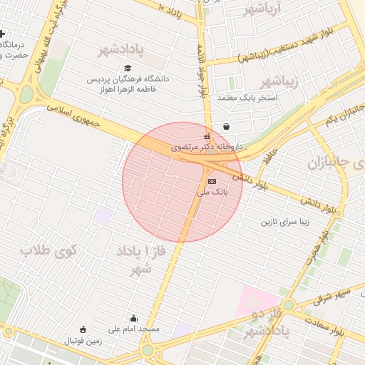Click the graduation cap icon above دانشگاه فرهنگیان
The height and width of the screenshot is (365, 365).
(128, 68)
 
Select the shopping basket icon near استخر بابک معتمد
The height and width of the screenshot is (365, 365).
(226, 126)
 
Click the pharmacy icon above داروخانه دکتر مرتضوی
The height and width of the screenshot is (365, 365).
(207, 136)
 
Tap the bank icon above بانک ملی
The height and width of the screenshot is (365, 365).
(210, 181)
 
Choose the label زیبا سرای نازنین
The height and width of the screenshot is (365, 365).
(287, 222)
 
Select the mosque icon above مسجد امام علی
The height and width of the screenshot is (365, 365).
(134, 319)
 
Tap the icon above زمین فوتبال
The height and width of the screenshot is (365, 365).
(83, 329)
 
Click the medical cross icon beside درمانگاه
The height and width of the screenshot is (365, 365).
(4, 34)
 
